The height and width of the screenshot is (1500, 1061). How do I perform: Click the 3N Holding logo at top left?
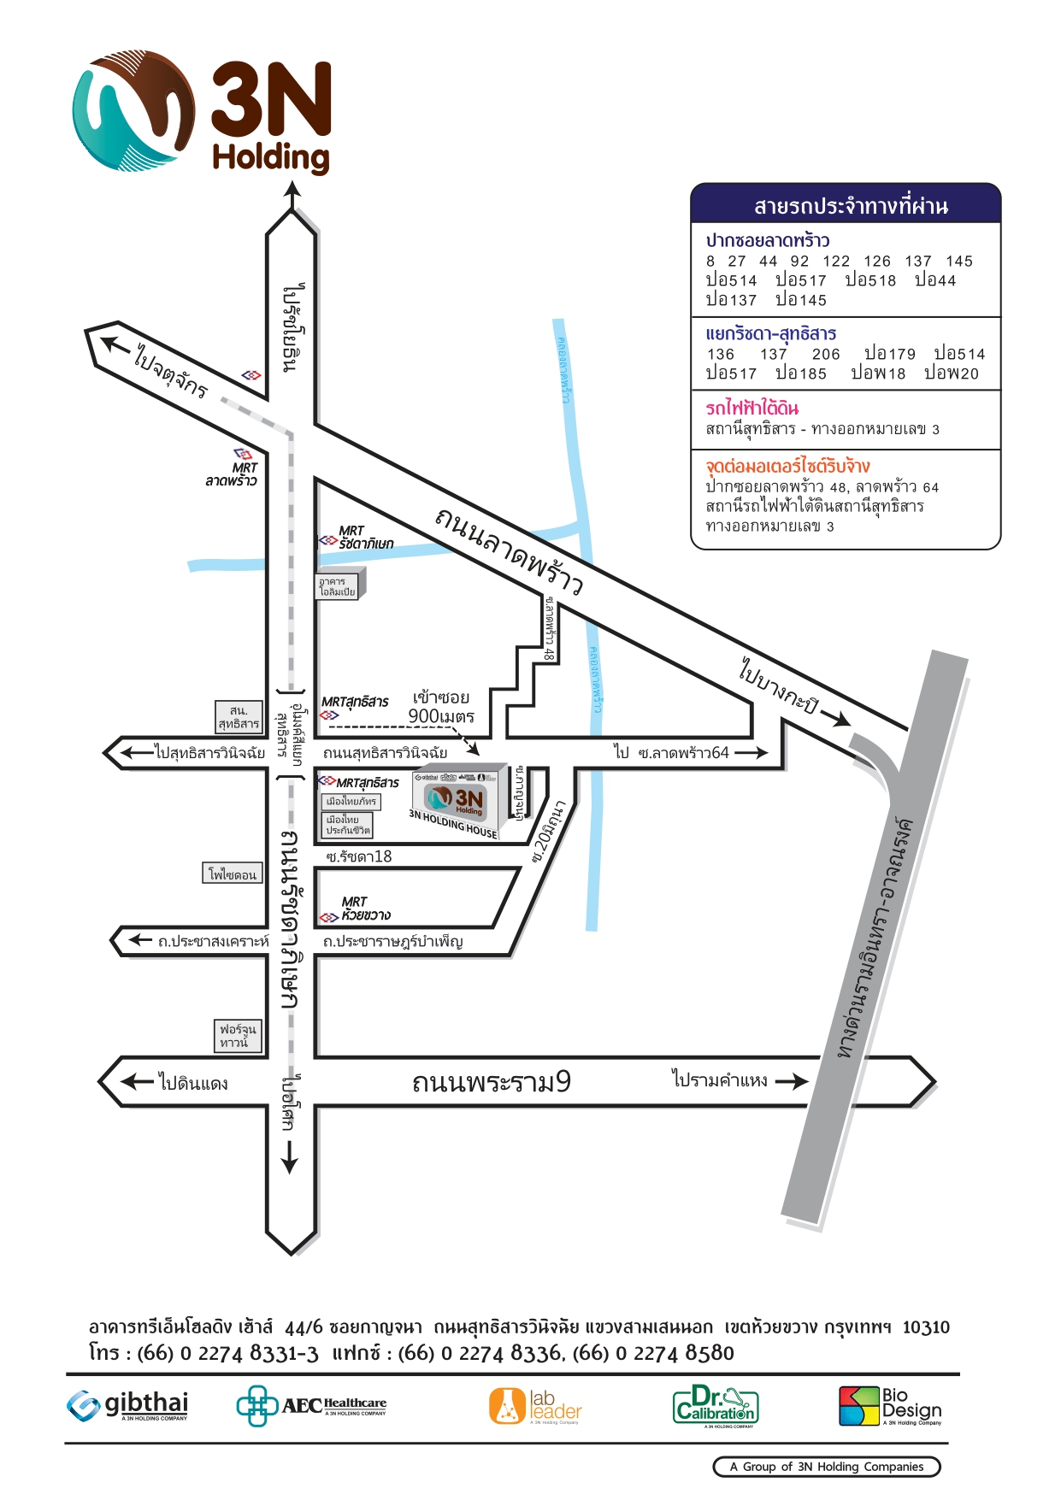point(202,112)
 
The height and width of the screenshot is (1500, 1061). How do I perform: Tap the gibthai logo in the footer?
point(127,1405)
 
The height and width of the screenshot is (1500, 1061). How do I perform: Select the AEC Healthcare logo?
point(311,1405)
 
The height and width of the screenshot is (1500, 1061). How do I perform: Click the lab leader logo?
point(535,1406)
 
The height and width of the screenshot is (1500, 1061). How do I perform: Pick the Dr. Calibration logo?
point(716,1406)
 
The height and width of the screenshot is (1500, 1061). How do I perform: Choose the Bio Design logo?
point(890,1406)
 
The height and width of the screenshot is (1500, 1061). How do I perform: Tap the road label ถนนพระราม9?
point(491,1082)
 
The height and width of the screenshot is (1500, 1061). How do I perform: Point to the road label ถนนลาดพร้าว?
point(510,550)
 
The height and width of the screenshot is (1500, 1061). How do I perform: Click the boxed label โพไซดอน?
point(233,874)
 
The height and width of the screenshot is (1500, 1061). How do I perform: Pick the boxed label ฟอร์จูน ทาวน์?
point(235,1036)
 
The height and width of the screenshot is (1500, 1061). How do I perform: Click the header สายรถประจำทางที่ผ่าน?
point(850,206)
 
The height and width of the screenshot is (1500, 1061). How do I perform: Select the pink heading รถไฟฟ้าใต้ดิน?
point(752,408)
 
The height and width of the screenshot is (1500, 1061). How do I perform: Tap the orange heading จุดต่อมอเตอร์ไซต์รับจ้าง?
point(787,466)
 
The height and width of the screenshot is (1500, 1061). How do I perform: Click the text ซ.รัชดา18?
point(359,856)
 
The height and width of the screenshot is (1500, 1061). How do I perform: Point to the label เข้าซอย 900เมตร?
point(440,707)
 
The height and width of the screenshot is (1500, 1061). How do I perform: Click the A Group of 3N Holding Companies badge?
point(826,1467)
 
